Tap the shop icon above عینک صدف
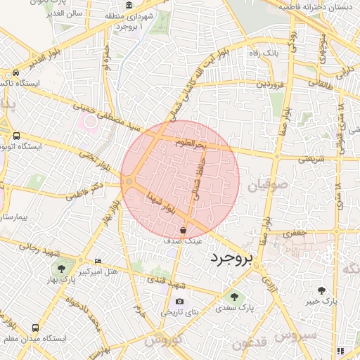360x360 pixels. [183, 230]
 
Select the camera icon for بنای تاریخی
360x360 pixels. [179, 301]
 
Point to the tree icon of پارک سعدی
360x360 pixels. [235, 296]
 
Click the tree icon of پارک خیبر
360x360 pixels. [321, 290]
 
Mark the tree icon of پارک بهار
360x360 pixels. [62, 268]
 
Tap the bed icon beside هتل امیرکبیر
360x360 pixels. [97, 261]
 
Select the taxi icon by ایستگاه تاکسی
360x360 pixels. [15, 73]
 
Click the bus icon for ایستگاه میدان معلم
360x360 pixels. [35, 328]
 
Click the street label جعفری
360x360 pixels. [296, 232]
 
